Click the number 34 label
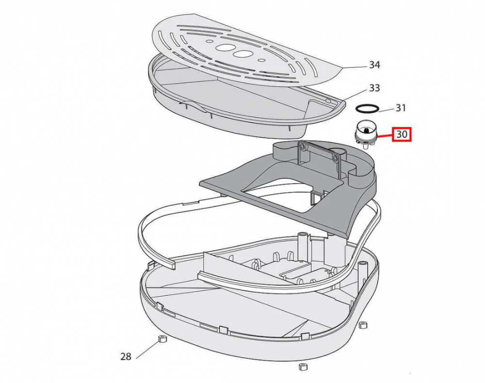click(x=374, y=65)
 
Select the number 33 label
click(x=374, y=88)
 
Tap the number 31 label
click(x=401, y=108)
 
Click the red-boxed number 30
click(x=402, y=134)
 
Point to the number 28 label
click(x=126, y=357)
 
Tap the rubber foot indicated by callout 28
click(x=162, y=339)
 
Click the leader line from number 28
click(x=147, y=350)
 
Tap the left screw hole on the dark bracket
click(x=302, y=145)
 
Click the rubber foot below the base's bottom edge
click(x=303, y=367)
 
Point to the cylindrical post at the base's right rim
click(x=362, y=270)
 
